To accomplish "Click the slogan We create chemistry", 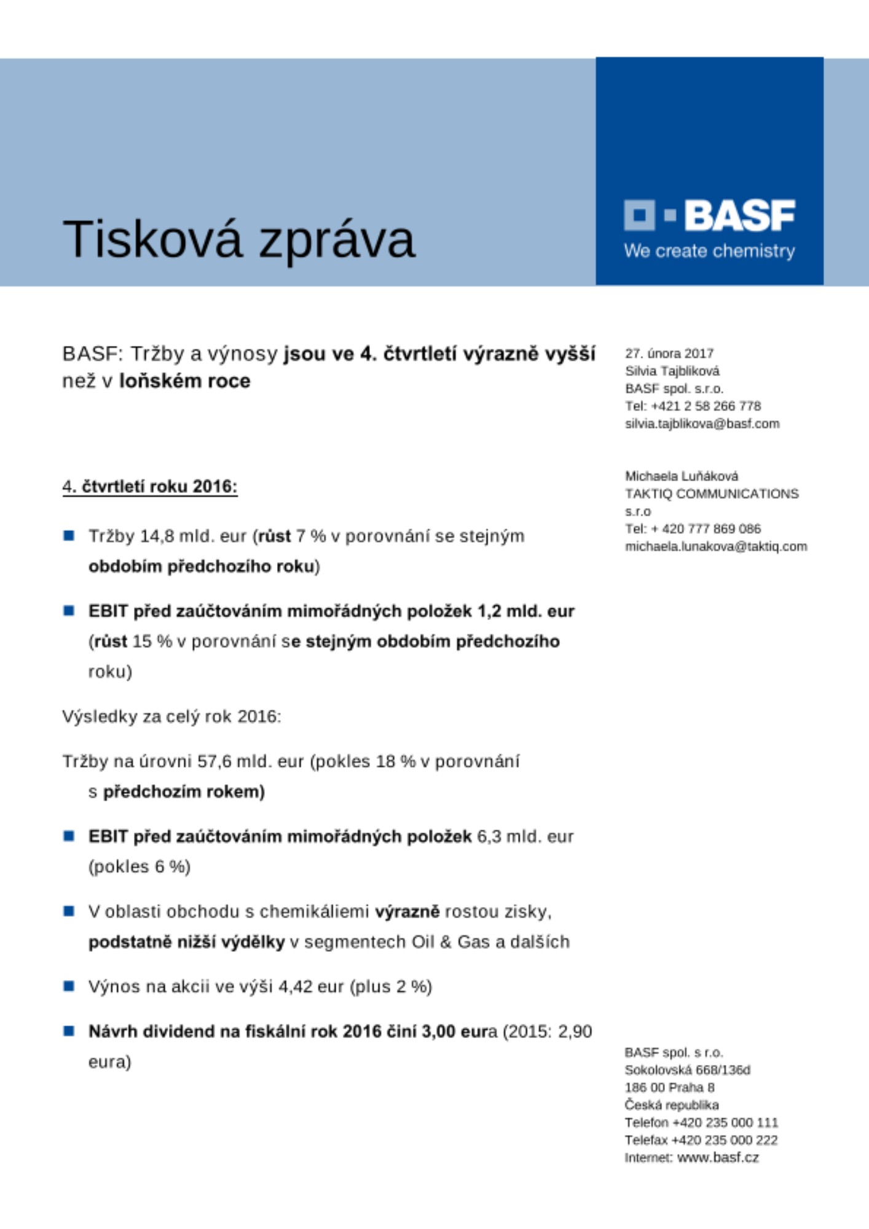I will pos(709,251).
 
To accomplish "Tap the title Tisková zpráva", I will pos(238,239).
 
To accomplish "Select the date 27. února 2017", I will pos(669,353).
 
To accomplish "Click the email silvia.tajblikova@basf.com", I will pos(702,423).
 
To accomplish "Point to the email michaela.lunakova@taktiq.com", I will pos(715,546).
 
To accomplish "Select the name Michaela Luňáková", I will pos(682,476).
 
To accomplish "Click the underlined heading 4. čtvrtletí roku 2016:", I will pos(150,487).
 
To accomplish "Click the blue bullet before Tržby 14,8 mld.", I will pos(69,536).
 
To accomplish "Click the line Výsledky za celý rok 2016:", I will pos(171,717).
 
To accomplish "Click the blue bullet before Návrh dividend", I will pos(69,1031).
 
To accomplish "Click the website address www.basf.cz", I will pos(718,1158).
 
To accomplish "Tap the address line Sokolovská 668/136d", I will pos(687,1070).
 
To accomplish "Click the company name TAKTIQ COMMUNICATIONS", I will pos(712,493).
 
